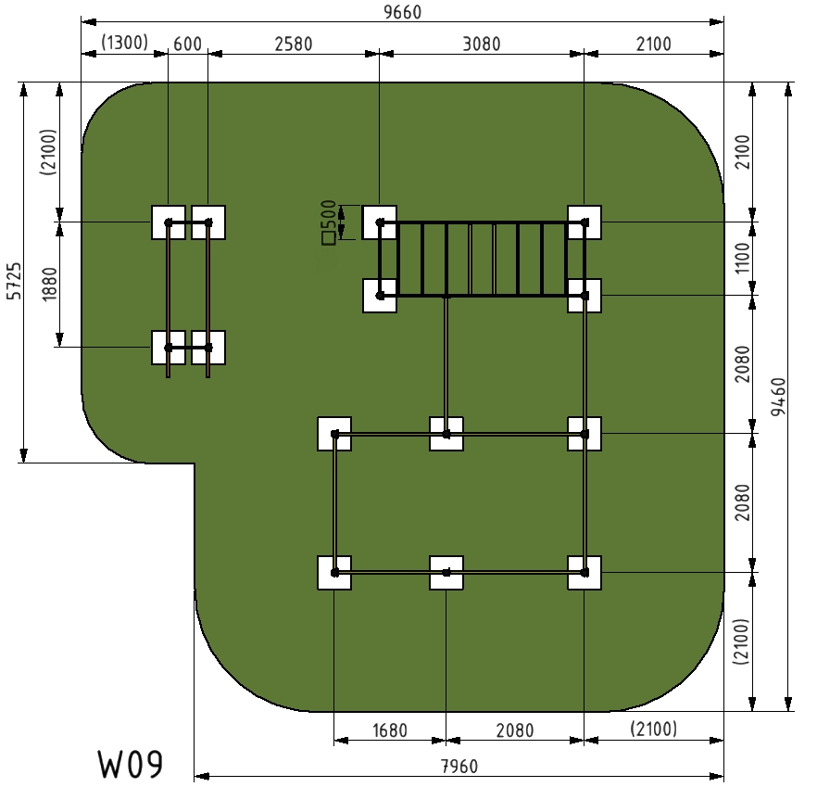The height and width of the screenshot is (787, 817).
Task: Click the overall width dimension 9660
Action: [402, 12]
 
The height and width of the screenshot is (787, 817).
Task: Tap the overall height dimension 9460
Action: [778, 397]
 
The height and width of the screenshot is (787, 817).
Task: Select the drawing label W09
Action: [131, 765]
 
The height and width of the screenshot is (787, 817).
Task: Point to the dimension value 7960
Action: [459, 767]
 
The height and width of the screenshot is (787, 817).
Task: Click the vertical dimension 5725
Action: [14, 281]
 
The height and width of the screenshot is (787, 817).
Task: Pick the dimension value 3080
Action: [482, 44]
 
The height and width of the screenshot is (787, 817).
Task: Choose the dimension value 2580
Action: [294, 44]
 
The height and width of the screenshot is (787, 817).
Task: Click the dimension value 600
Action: [187, 44]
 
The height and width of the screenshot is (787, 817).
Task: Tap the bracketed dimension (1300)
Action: [124, 43]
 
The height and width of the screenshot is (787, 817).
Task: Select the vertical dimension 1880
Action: [49, 284]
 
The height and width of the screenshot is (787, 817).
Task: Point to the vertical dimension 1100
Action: [741, 258]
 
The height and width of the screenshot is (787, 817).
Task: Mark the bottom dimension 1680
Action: [390, 730]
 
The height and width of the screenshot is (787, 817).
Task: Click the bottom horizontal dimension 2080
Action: [515, 730]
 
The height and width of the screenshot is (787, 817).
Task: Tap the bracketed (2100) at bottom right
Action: [653, 729]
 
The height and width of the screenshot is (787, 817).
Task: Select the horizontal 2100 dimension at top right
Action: [653, 44]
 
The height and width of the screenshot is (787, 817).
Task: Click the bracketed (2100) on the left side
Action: [48, 152]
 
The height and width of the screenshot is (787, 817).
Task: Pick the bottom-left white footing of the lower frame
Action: [334, 573]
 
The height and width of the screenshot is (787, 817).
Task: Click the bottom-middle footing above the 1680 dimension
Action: [446, 573]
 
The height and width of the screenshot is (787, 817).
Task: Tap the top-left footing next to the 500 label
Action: [380, 222]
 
